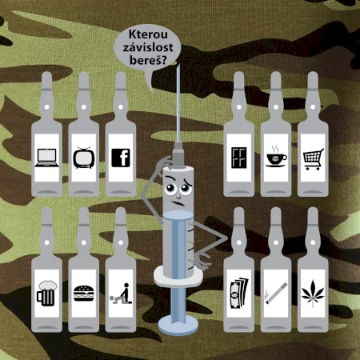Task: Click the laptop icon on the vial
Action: click(x=47, y=158)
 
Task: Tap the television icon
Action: click(x=84, y=158)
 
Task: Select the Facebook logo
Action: click(x=121, y=158)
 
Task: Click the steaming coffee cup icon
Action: click(x=276, y=157)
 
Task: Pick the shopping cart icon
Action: click(x=314, y=159)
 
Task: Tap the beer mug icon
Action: click(x=46, y=294)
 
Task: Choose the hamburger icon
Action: click(x=84, y=294)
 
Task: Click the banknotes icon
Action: click(x=239, y=294)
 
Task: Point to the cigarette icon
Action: click(x=276, y=294)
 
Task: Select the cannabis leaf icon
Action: click(x=313, y=294)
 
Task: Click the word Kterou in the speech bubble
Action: click(x=148, y=34)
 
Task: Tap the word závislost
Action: click(x=148, y=47)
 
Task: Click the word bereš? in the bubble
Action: click(x=148, y=60)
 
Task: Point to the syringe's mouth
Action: click(x=178, y=203)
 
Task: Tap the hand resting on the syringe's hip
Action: click(x=202, y=261)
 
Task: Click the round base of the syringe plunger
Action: click(x=178, y=325)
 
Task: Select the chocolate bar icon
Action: click(x=239, y=158)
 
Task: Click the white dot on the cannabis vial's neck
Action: click(x=313, y=242)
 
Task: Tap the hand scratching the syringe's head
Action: click(x=164, y=164)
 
